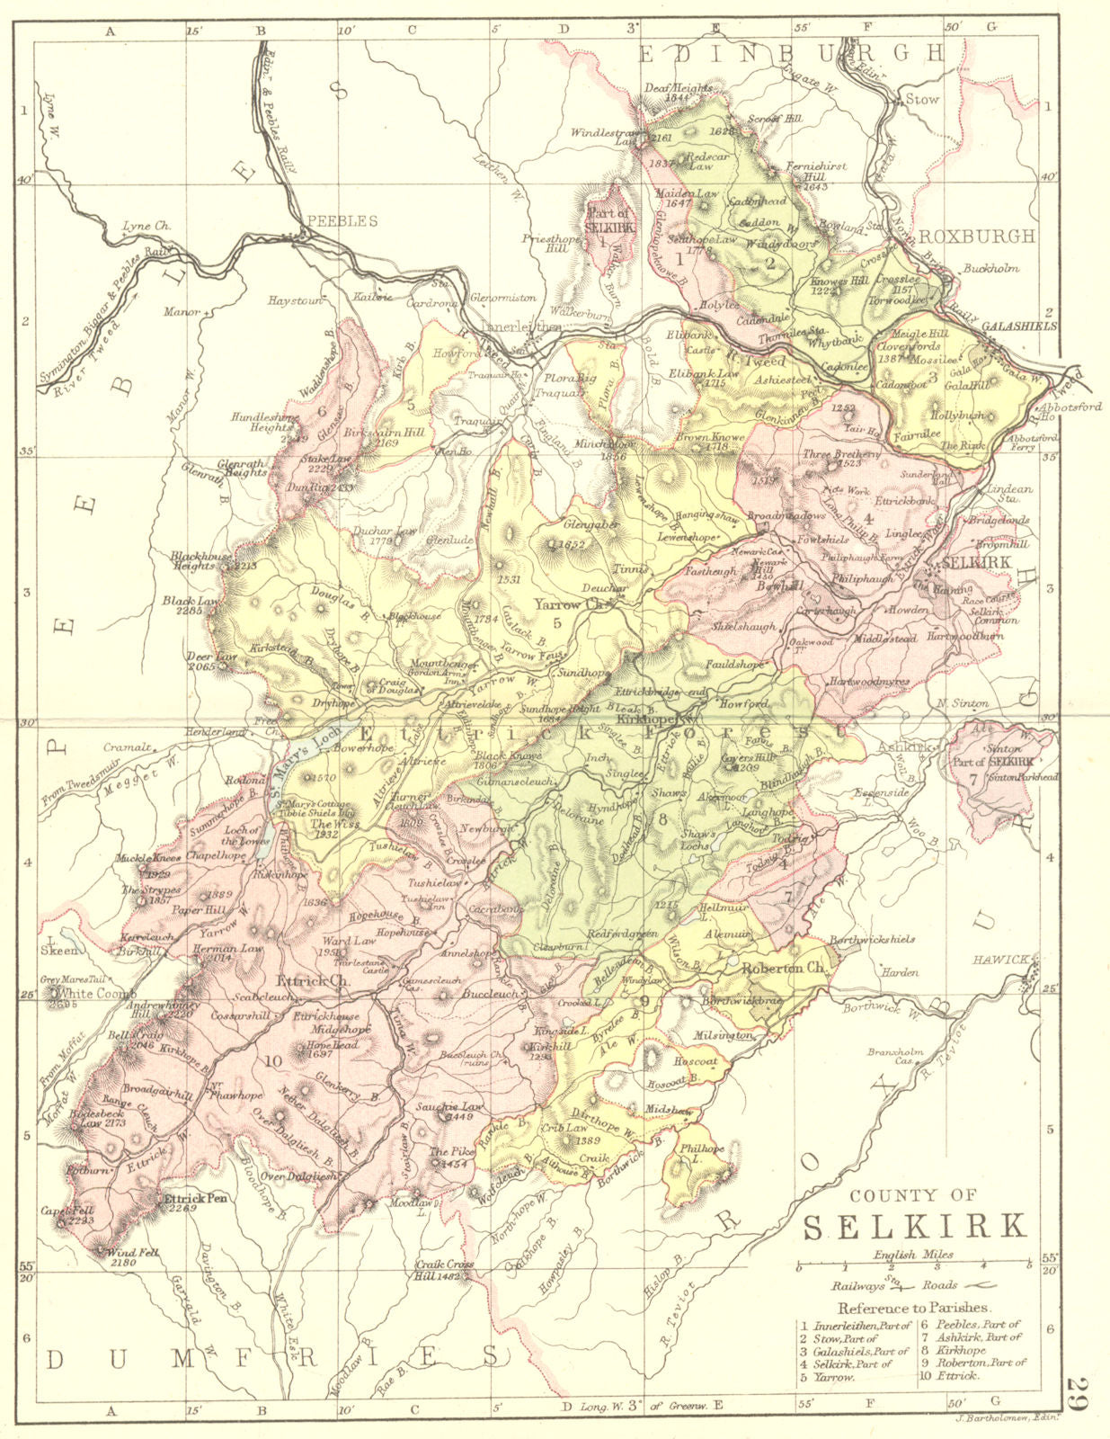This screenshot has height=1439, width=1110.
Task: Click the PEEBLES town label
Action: pyautogui.click(x=342, y=221)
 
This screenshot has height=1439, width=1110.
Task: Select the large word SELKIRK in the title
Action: pyautogui.click(x=913, y=1227)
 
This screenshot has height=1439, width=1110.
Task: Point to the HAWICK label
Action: pyautogui.click(x=1000, y=960)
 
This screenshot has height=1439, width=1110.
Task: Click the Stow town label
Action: pyautogui.click(x=920, y=100)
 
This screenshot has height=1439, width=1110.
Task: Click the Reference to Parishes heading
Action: pyautogui.click(x=912, y=1308)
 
